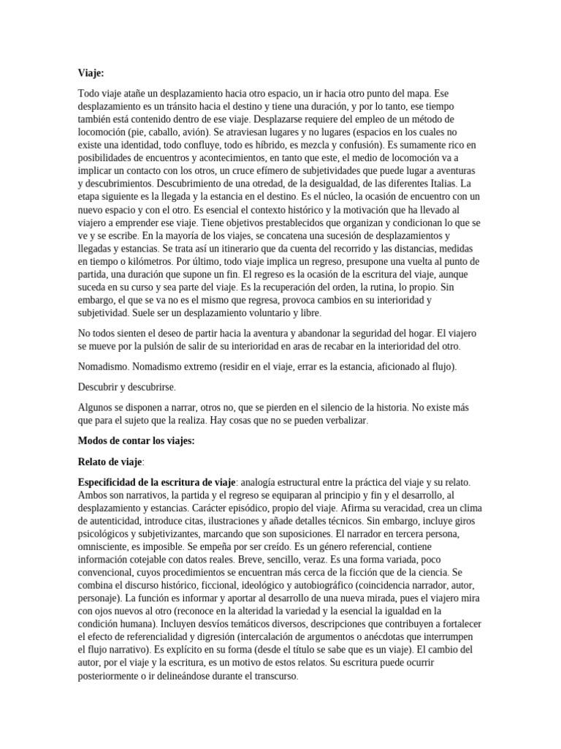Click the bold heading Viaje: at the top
point(91,72)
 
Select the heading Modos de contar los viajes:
point(136,441)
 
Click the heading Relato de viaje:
point(111,462)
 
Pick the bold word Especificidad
point(113,482)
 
